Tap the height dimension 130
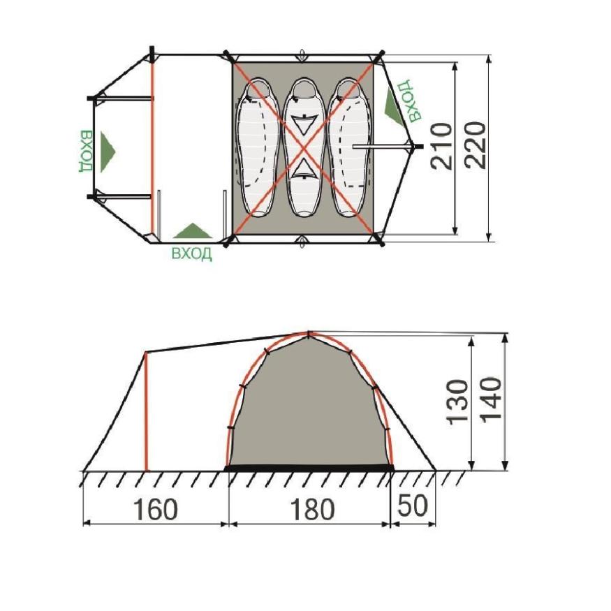pyautogui.click(x=457, y=402)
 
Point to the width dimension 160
pyautogui.click(x=155, y=510)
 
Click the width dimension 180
pyautogui.click(x=310, y=510)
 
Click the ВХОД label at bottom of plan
pyautogui.click(x=191, y=253)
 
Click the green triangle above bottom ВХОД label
pyautogui.click(x=192, y=231)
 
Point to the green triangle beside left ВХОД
pyautogui.click(x=107, y=148)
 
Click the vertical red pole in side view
pyautogui.click(x=146, y=412)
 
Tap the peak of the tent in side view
pyautogui.click(x=307, y=333)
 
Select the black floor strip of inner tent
pyautogui.click(x=310, y=466)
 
